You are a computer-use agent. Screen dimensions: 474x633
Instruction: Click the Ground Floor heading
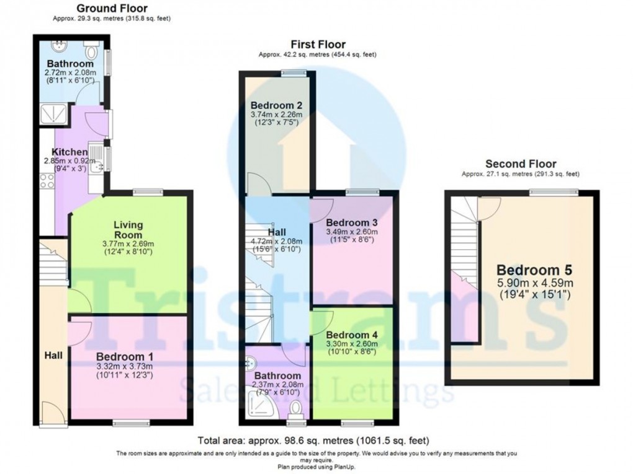point(112,9)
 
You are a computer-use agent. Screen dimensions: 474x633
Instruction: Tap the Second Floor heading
point(521,164)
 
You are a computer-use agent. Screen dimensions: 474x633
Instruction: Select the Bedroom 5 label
point(534,271)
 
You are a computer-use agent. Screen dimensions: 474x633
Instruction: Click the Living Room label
point(128,230)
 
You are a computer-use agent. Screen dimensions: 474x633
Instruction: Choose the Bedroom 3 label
point(352,222)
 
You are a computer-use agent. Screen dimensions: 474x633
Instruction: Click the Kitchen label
point(69,152)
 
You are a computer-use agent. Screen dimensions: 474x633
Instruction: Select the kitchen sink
point(96,159)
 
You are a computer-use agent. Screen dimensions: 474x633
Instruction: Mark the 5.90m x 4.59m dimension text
point(534,283)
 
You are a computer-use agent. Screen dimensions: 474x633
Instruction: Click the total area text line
point(313,441)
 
